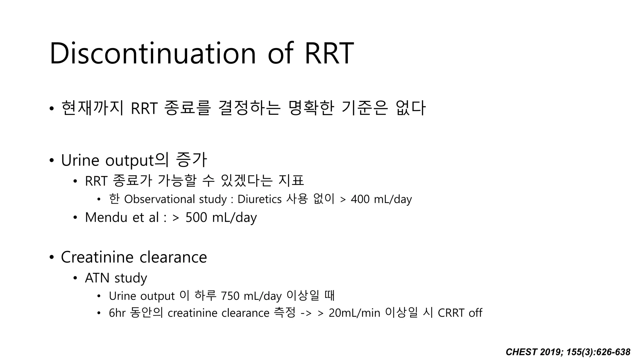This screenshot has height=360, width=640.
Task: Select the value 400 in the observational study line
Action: [360, 199]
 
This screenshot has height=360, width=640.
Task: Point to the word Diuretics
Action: [259, 199]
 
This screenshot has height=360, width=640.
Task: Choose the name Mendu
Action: [106, 217]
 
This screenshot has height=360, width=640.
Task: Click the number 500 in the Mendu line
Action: [196, 217]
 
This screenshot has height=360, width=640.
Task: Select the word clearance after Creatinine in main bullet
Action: [173, 257]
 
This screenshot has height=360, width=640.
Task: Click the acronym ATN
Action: [97, 278]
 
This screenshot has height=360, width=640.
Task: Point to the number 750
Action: [230, 296]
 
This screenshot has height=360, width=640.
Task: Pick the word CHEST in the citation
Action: [521, 352]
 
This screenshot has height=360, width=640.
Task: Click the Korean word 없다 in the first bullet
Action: [410, 108]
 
